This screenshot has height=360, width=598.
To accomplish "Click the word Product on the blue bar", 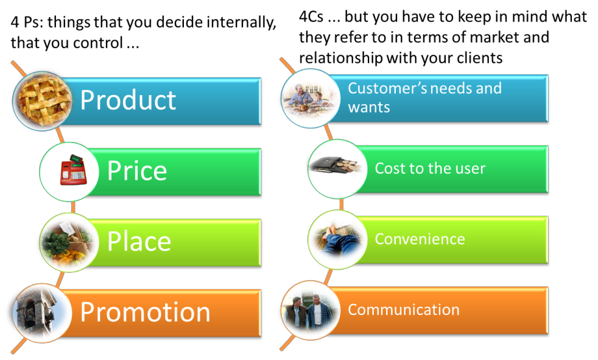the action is pos(128,101).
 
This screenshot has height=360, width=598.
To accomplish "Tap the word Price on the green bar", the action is pos(137,171).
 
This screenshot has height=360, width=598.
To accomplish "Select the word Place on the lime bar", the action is pos(139,241).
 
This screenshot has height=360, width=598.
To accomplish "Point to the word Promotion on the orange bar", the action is pos(146,312).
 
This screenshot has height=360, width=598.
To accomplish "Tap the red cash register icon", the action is pos(73,170).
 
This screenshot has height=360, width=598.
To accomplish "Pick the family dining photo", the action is pos(311,99).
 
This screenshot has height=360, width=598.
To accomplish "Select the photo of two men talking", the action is pos(311,311).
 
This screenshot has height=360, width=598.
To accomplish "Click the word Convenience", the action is pos(420,239).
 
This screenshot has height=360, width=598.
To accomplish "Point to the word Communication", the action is pos(404,309).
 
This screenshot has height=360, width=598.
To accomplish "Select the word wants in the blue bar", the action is pos(369,108).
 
